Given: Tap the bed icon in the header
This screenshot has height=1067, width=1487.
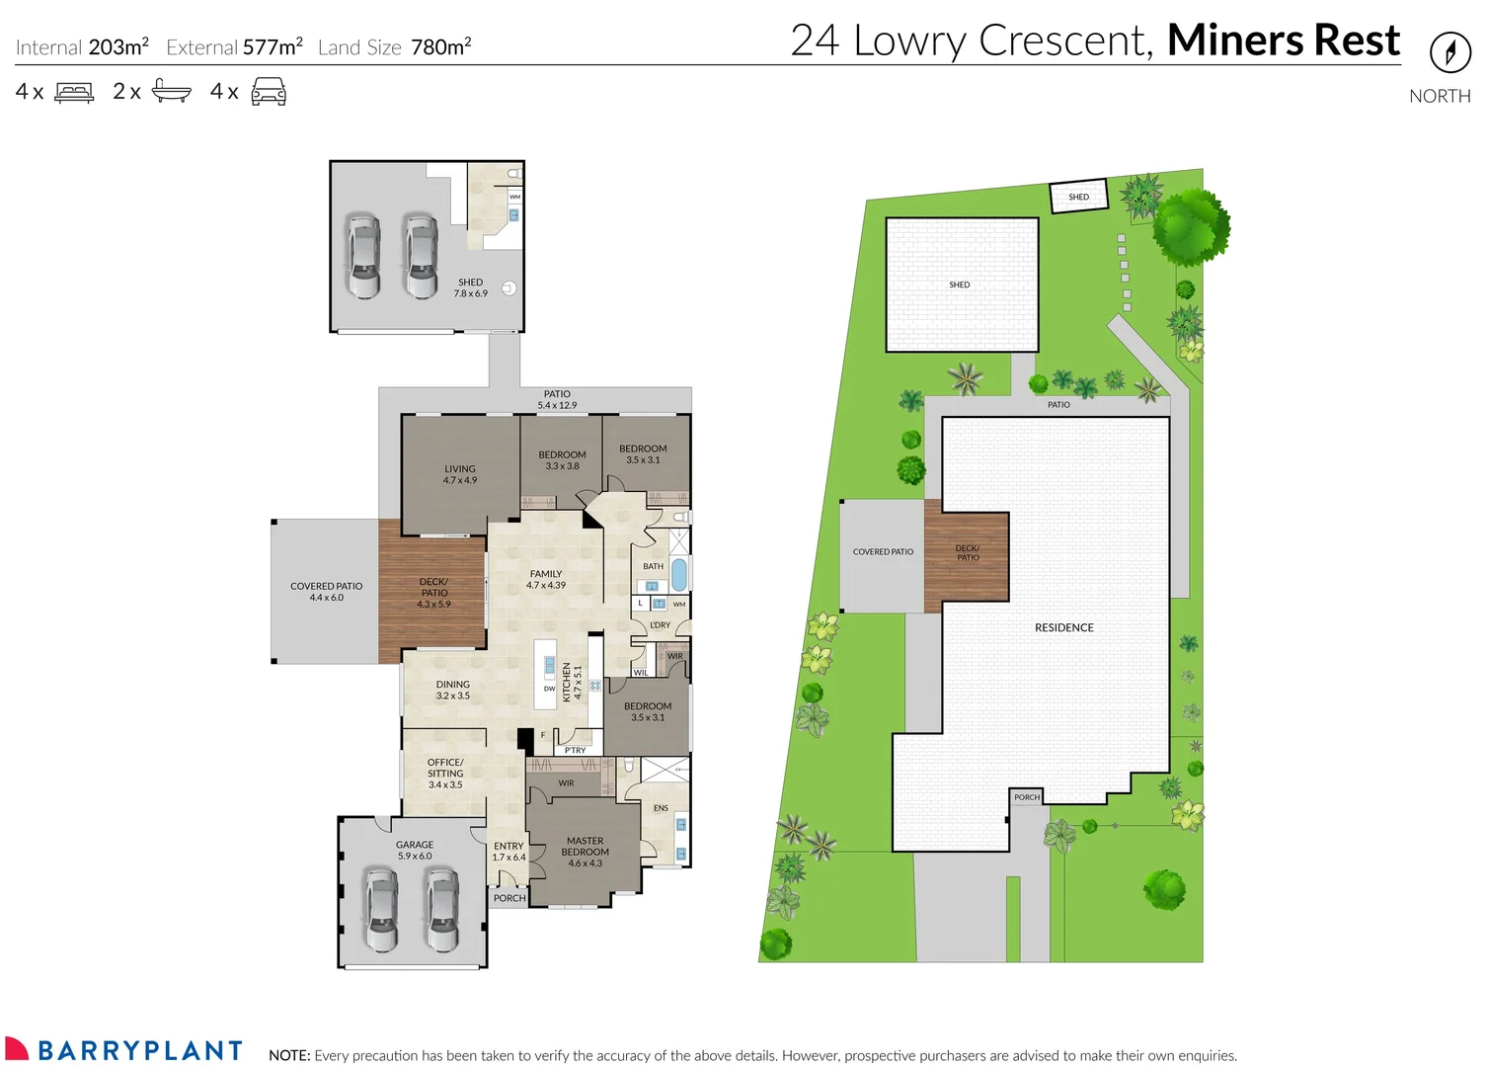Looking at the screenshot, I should coord(74,93).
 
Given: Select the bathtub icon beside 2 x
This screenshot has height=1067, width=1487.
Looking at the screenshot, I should coord(171,93).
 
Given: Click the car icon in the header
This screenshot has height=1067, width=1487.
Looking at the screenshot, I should coord(269,93).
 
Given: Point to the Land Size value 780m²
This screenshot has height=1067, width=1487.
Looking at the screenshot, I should coord(440,47).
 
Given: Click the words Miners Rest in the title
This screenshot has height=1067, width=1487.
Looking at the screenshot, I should coord(1283,41).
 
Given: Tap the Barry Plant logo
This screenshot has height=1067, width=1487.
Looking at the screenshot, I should coord(124,1049).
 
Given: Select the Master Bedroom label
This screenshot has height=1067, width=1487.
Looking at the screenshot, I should coord(585,852).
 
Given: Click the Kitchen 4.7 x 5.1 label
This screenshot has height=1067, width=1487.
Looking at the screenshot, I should coord(572,683).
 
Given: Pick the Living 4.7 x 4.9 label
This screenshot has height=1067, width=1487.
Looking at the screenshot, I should coord(459,474).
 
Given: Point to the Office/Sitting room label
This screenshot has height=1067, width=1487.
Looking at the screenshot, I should coord(444,773).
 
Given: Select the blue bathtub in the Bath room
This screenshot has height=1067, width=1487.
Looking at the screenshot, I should coord(679,574).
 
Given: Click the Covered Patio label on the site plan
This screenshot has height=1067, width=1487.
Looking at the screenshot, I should coord(883,552).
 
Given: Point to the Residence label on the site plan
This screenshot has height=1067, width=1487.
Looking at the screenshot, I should coord(1063,627).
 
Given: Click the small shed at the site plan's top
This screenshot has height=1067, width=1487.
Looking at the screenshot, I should coord(1078,197).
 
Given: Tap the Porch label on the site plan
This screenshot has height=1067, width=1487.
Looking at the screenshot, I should coord(1027,797).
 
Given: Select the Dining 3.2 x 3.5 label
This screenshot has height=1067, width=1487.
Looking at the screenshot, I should coord(453,690).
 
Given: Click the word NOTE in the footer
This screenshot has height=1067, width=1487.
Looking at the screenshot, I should coord(289,1055).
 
